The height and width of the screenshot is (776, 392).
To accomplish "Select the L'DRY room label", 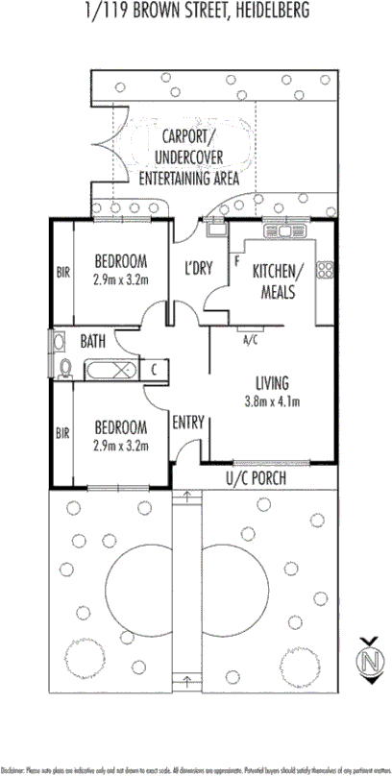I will pyautogui.click(x=197, y=268).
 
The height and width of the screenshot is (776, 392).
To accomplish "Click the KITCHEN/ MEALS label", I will pyautogui.click(x=277, y=282).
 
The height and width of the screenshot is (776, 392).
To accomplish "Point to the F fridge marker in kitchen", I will pyautogui.click(x=236, y=259).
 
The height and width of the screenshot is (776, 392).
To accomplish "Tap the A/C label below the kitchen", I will pyautogui.click(x=251, y=339).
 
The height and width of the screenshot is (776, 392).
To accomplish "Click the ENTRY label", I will pyautogui.click(x=186, y=421).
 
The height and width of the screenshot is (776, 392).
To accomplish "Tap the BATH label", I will pyautogui.click(x=93, y=340).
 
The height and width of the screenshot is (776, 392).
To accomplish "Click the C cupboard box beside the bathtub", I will pyautogui.click(x=154, y=368).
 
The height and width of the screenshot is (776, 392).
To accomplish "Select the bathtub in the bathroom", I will pyautogui.click(x=112, y=369).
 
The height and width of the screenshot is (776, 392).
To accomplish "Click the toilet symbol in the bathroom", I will pyautogui.click(x=64, y=368).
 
